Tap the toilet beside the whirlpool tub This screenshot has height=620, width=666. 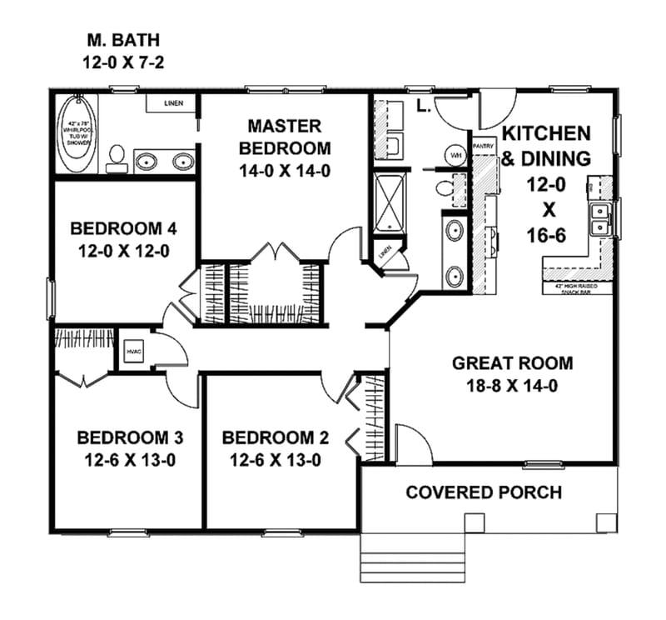click(117, 159)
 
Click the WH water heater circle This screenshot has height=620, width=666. click(456, 156)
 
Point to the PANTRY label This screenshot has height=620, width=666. click(484, 145)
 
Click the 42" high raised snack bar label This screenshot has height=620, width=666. click(575, 287)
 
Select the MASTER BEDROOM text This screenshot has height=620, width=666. click(284, 137)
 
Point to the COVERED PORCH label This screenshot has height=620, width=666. click(484, 492)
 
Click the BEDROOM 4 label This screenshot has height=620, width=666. click(123, 228)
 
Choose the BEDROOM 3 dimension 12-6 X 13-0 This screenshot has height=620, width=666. click(130, 459)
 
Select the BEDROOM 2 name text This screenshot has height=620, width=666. click(276, 437)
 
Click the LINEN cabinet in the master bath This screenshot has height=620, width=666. click(172, 103)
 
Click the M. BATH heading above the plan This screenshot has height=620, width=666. click(123, 40)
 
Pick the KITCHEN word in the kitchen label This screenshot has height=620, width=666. click(545, 133)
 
